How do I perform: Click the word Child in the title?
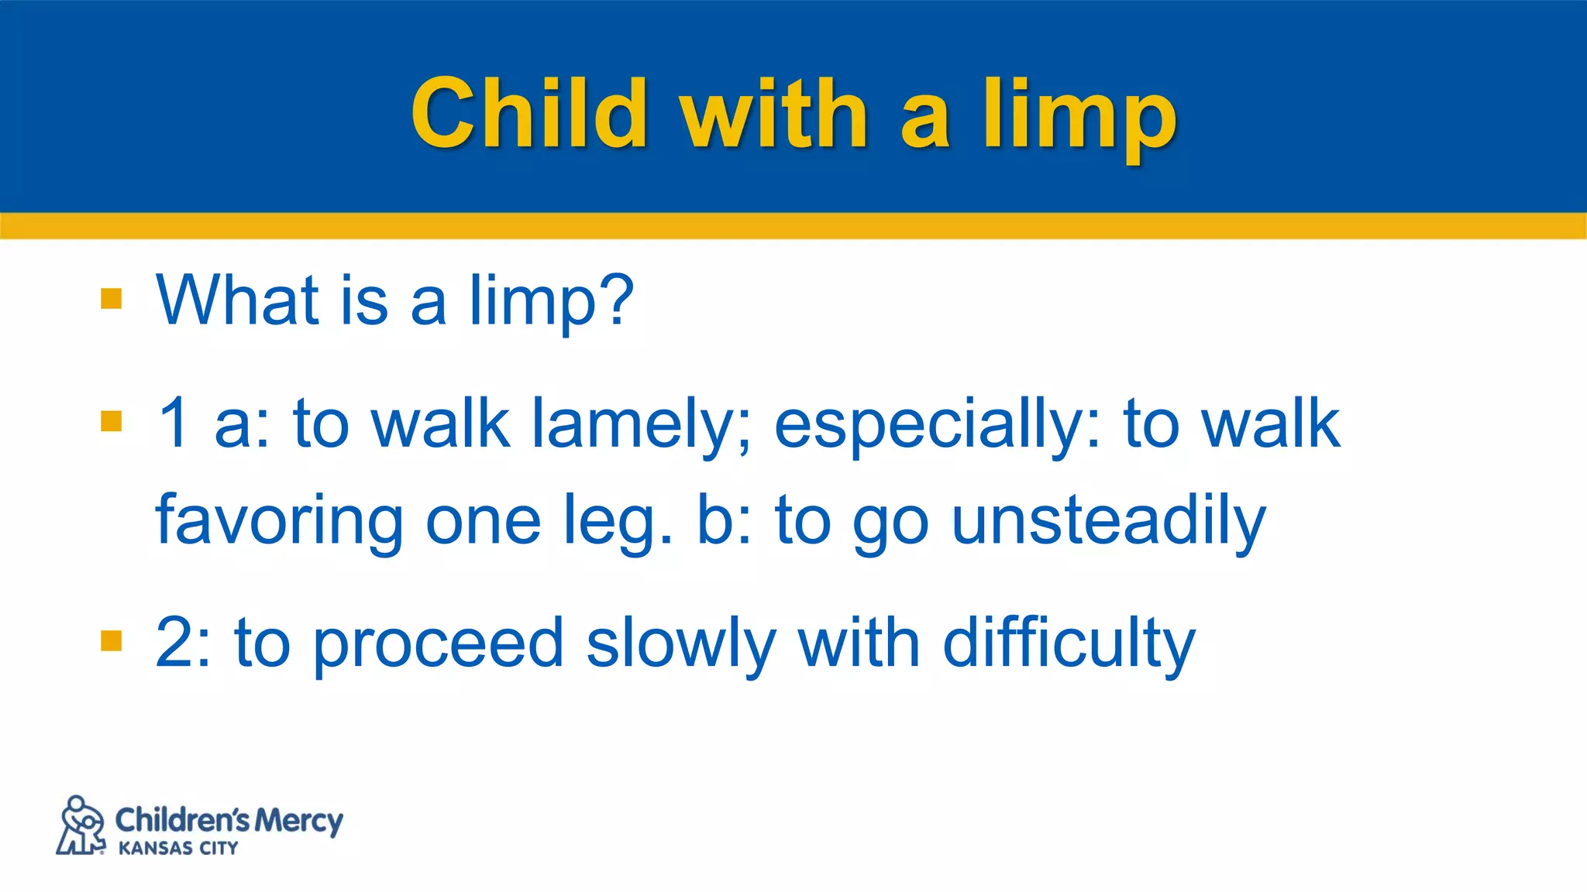[528, 114]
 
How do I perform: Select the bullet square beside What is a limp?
[112, 299]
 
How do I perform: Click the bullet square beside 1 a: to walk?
[112, 421]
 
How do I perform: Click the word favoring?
[279, 520]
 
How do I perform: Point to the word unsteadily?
[1108, 520]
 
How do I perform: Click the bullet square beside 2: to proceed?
[112, 641]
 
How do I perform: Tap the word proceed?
[438, 644]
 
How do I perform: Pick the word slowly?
[680, 644]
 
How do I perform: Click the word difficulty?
[1069, 644]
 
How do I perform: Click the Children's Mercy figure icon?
[81, 825]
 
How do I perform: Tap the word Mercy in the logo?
[298, 821]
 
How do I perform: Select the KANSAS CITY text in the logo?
[178, 849]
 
